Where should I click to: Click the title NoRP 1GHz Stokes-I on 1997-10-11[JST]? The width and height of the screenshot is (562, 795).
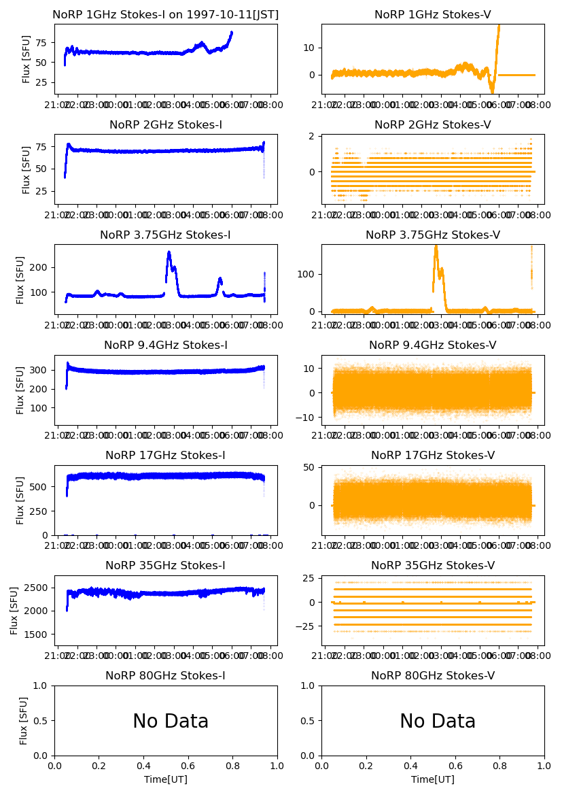coord(166,14)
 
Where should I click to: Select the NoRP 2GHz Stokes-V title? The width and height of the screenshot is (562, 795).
coord(433,124)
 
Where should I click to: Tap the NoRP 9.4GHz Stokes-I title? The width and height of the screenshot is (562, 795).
coord(166,345)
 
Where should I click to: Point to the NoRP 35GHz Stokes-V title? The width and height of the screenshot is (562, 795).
coord(433,565)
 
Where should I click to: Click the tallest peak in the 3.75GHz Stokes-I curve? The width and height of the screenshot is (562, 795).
coord(169,253)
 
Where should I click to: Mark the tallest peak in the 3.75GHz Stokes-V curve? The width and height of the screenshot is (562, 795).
coord(436,247)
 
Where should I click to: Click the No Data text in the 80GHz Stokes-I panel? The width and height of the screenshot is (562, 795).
coord(171,722)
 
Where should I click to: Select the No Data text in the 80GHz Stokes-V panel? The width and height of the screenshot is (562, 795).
coord(438,722)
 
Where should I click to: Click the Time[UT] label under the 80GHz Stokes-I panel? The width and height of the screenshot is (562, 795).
coord(166,779)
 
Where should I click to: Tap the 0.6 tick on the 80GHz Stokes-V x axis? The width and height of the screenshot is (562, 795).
coord(455,766)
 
